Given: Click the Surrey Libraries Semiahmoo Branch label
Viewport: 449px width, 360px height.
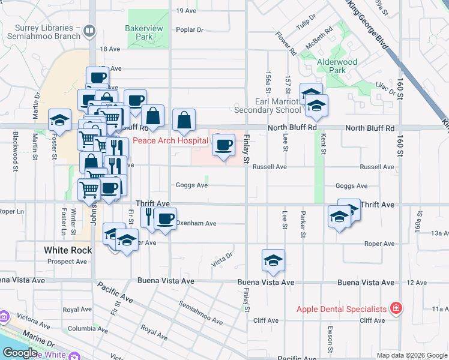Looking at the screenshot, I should pos(40,32).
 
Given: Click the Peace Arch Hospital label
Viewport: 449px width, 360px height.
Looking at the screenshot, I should pos(170,141).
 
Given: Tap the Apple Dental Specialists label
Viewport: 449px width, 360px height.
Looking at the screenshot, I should pos(342,310).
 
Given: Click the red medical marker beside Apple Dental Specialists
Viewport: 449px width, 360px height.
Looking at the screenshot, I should pos(396,309).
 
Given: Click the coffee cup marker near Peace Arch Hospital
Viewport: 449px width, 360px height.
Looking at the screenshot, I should pos(224,145).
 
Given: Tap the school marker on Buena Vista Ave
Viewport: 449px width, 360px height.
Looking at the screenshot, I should pos(273,260).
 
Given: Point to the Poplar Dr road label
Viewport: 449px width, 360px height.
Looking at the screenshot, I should pos(190,29).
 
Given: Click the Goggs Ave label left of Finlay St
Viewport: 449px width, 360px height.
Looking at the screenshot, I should pos(191,185).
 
